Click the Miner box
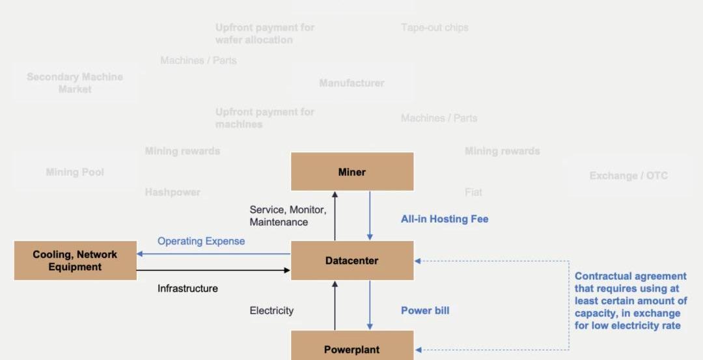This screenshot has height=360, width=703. click(352, 172)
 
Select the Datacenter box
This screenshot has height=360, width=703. click(352, 260)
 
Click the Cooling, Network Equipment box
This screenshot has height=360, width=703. click(76, 260)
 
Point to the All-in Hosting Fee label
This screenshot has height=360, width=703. click(445, 219)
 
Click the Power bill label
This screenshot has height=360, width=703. click(425, 311)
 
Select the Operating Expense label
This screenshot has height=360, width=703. click(201, 241)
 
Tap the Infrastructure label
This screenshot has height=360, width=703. click(187, 288)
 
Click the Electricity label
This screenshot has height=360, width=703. click(271, 311)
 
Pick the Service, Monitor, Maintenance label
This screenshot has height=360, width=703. click(288, 216)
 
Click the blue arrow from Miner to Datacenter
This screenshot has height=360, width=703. click(370, 215)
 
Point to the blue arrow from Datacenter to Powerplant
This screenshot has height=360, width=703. click(370, 305)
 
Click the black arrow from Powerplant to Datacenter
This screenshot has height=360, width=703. click(335, 305)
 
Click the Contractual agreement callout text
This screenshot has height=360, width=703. click(631, 301)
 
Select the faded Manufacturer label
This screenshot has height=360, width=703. click(351, 83)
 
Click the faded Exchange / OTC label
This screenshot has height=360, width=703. click(628, 176)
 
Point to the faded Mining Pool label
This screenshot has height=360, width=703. click(75, 173)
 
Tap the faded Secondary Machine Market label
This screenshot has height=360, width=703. click(75, 83)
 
